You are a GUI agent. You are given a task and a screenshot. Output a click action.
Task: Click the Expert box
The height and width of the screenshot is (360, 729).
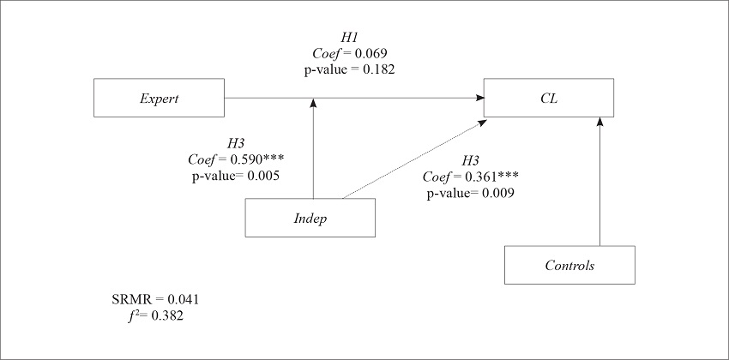[x=159, y=98]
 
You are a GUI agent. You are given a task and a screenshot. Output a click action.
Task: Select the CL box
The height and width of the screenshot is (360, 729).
[x=550, y=98]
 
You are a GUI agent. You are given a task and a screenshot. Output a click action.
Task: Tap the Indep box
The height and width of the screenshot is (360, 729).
[x=311, y=218]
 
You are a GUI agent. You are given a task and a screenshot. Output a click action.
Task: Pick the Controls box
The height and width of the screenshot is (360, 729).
[x=569, y=265]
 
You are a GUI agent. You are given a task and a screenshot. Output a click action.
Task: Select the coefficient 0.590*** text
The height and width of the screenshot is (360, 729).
[x=236, y=159]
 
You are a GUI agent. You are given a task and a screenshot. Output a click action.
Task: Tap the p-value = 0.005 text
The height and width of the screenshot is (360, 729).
[x=236, y=175]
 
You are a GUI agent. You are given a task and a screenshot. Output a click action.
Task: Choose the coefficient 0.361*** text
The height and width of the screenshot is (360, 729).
[x=470, y=177]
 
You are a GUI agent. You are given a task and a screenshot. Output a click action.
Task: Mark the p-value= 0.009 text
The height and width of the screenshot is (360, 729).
[x=470, y=193]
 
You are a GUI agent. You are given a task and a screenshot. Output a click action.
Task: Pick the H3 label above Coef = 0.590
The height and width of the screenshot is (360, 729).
[x=236, y=144]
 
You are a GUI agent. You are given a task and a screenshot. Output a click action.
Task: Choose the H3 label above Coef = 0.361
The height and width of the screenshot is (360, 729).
[x=470, y=161]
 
